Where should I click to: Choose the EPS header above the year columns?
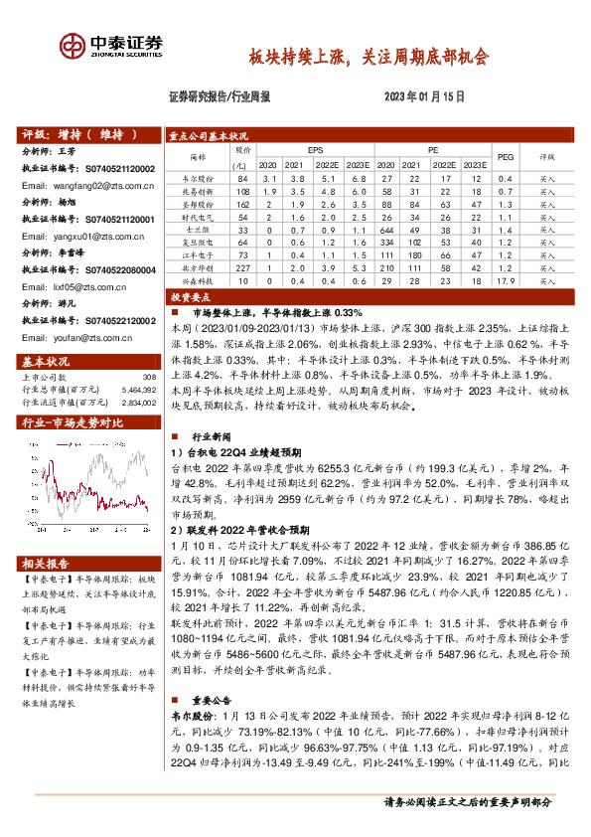(x=314, y=148)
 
